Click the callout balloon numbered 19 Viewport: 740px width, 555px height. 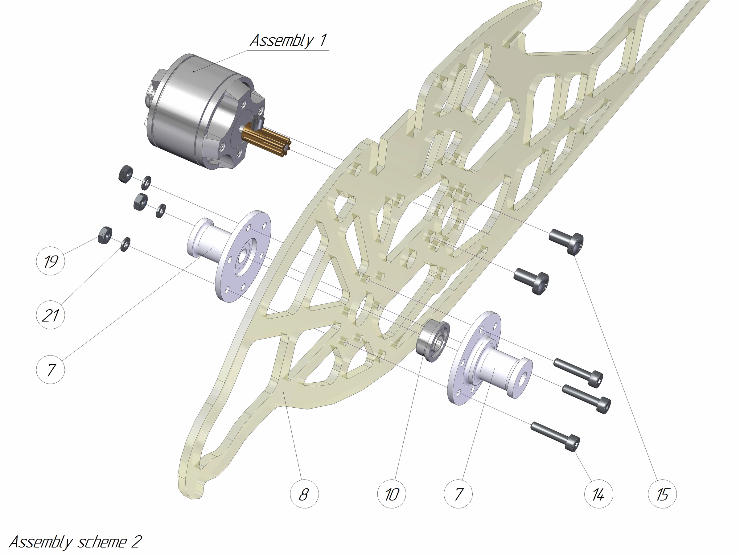(x=50, y=261)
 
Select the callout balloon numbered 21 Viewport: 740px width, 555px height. (x=50, y=315)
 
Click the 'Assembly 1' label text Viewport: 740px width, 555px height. (x=288, y=40)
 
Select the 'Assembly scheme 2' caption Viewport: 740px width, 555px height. (x=75, y=542)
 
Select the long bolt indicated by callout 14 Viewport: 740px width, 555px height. (x=555, y=435)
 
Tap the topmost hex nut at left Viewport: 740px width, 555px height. (x=126, y=173)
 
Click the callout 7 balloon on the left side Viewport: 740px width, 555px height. (x=50, y=370)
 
